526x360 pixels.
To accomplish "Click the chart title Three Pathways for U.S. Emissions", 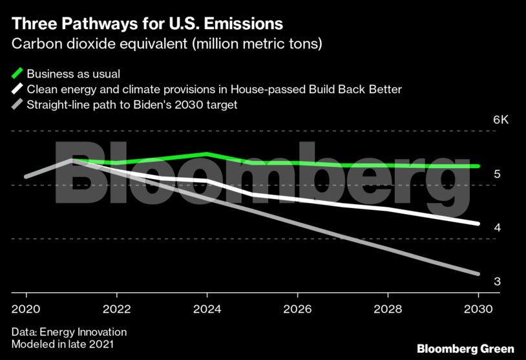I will tap(147, 25).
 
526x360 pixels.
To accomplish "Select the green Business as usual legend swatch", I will tap(17, 72).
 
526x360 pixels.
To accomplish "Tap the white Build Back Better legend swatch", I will tap(17, 89).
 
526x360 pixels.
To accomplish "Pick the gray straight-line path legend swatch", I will tap(17, 104).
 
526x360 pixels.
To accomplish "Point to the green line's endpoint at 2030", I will tap(478, 166).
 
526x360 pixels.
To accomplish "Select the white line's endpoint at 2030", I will tap(478, 224).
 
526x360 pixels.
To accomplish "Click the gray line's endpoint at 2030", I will tap(478, 273).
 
